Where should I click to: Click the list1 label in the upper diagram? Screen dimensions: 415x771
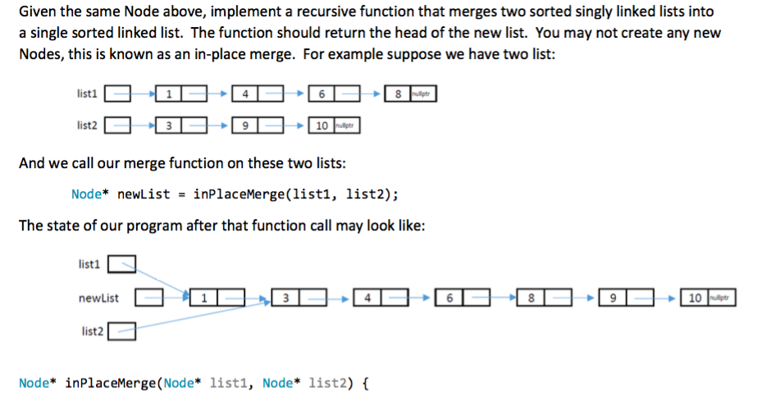[87, 93]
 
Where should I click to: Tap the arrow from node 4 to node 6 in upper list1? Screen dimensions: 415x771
[295, 93]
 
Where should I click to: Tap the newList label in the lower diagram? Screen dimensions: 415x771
[98, 298]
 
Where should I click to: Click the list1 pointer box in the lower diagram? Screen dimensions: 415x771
[122, 264]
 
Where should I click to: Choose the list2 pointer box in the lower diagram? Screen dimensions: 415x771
[122, 331]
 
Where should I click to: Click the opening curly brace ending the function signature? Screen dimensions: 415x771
[365, 383]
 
